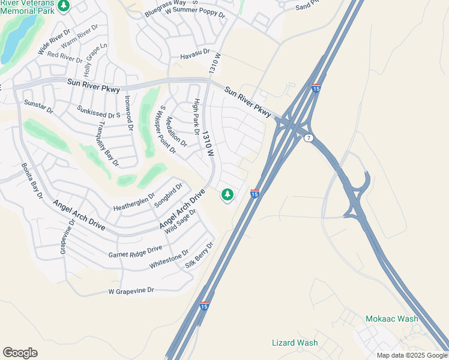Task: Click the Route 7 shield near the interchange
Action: pyautogui.click(x=309, y=139)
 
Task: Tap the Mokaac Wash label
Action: pyautogui.click(x=392, y=319)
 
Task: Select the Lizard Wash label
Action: pyautogui.click(x=295, y=343)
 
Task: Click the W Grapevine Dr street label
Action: pyautogui.click(x=131, y=291)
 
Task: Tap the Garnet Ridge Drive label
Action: pyautogui.click(x=135, y=251)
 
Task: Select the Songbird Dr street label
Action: pyautogui.click(x=167, y=196)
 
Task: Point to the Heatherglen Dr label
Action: pyautogui.click(x=134, y=202)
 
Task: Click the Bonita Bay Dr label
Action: pyautogui.click(x=32, y=181)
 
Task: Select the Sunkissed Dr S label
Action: pyautogui.click(x=99, y=111)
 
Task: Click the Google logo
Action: pyautogui.click(x=20, y=353)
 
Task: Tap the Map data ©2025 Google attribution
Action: pyautogui.click(x=412, y=355)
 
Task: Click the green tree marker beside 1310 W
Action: pyautogui.click(x=227, y=194)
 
